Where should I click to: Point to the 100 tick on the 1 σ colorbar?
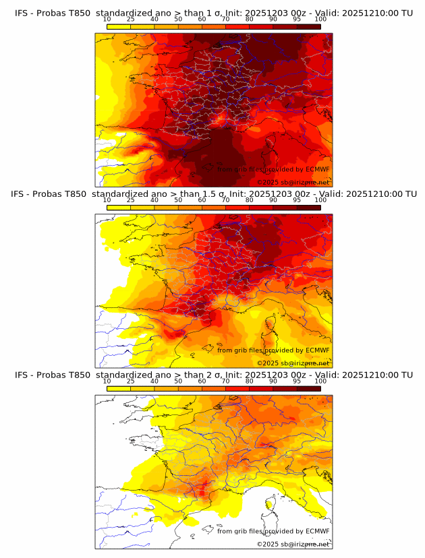tap(320, 19)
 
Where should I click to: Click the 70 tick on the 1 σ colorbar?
tap(225, 19)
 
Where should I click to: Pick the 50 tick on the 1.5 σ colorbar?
tap(178, 200)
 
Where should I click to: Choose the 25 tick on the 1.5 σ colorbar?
tap(131, 200)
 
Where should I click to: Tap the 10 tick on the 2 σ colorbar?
tap(107, 381)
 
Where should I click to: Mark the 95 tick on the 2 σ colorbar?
tap(297, 381)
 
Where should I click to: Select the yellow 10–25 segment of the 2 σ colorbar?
tap(119, 387)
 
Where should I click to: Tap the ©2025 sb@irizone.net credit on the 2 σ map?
tap(293, 544)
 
